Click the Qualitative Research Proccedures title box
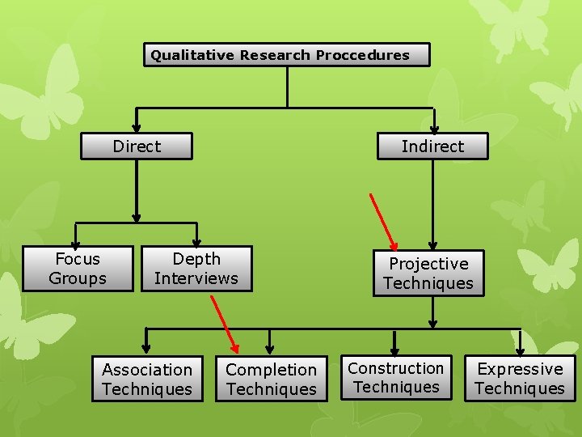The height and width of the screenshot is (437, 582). [287, 55]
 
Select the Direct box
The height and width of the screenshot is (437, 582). [137, 146]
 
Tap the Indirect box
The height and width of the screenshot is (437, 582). [433, 146]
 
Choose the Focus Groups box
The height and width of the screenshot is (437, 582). [78, 269]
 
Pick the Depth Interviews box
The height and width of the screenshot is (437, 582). [196, 269]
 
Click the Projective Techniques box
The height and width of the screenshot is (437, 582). [428, 274]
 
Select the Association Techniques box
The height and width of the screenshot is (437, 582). [147, 379]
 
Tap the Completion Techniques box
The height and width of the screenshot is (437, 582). [271, 379]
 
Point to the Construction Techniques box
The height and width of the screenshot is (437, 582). [396, 378]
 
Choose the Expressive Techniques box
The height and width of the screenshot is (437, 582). [520, 378]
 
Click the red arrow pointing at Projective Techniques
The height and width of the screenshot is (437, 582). [383, 220]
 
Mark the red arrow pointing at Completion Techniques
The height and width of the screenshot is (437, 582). [224, 323]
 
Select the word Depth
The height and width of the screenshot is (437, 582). [196, 259]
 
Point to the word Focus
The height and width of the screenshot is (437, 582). [78, 259]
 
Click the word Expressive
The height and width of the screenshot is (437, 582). [520, 369]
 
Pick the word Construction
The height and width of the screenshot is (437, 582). [396, 368]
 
